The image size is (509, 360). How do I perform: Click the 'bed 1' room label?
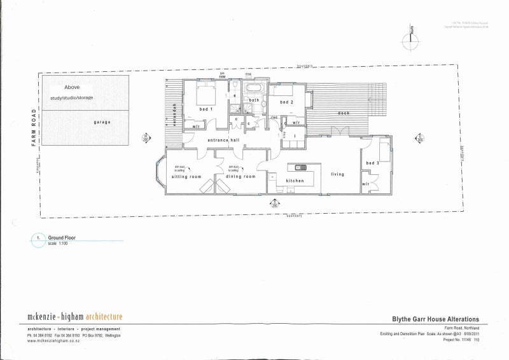point(205,110)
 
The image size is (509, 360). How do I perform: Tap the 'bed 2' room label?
point(286,102)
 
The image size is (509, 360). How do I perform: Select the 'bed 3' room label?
point(373,164)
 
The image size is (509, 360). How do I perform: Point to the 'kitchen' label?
point(295,181)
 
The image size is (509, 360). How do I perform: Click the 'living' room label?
point(337,174)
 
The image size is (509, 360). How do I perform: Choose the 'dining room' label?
point(241,176)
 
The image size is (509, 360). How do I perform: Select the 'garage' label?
point(102,121)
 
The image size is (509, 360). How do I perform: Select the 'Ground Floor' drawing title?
point(62,237)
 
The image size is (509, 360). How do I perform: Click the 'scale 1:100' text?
point(58,243)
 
